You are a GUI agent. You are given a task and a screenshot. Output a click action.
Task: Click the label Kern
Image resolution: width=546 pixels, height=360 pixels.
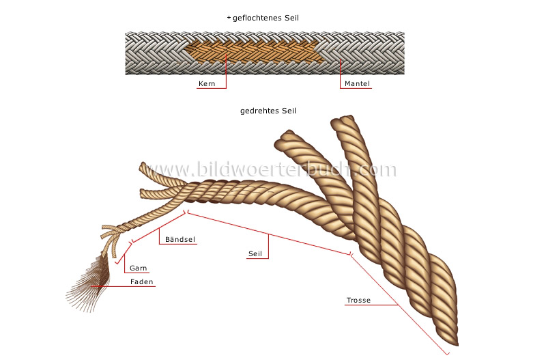[x=206, y=85]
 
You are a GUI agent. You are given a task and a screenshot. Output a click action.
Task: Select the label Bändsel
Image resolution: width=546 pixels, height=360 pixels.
[x=177, y=240]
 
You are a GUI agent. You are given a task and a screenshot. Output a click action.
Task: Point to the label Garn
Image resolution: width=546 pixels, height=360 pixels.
[x=139, y=268]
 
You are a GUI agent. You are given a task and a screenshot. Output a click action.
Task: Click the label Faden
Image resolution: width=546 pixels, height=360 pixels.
[x=143, y=283]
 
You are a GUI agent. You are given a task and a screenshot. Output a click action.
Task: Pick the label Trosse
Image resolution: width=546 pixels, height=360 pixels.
[x=358, y=301]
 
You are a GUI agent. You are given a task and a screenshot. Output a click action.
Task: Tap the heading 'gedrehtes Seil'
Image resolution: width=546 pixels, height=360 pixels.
[x=268, y=111]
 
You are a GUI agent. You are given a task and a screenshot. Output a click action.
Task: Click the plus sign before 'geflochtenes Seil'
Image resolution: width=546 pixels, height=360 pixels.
[x=229, y=17]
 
